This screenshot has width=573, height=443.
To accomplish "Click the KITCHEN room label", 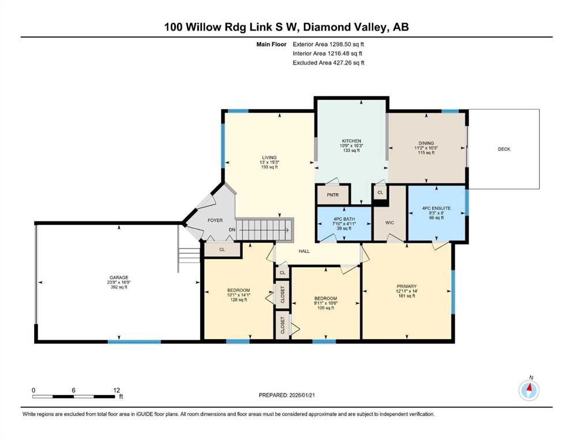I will pos(350,141).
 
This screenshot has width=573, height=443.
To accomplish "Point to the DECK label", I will pos(504,149).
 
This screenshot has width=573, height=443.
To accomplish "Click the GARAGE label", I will pos(119,277).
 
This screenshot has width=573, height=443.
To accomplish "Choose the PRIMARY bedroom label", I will pos(406,286).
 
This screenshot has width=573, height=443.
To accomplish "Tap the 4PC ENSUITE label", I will pos(436,208).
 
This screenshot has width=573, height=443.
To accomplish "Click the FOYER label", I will pos(215,220).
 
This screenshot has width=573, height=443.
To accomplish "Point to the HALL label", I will pos(305,251).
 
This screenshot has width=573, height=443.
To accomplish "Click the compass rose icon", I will pos(529,391).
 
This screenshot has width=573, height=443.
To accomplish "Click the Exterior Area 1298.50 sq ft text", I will pos(329,44).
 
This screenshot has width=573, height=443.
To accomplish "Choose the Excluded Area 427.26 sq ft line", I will pos(329,62).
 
